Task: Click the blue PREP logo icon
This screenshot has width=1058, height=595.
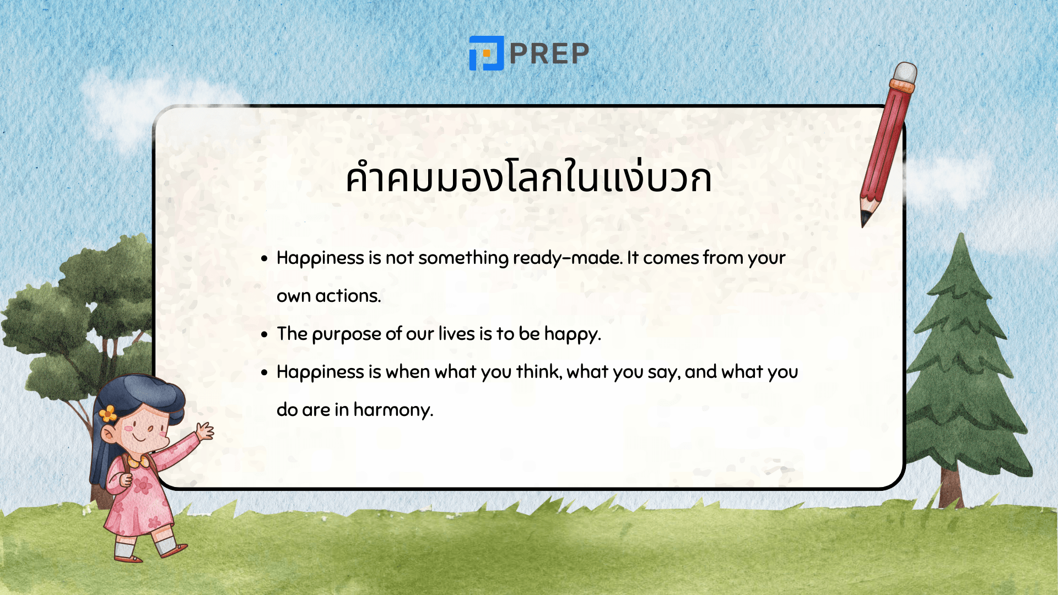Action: [x=486, y=53]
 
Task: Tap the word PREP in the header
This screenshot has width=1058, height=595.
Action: [x=549, y=54]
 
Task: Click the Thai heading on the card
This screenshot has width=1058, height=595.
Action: [x=528, y=177]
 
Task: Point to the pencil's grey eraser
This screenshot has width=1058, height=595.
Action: [x=905, y=73]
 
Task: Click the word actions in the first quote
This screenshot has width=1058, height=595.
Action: [x=348, y=296]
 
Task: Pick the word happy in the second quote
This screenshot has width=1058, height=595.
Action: [x=571, y=334]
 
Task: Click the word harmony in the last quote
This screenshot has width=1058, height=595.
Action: [x=393, y=410]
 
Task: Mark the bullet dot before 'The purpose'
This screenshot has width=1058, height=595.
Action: [x=264, y=334]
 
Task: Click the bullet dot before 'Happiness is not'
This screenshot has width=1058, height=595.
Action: [x=264, y=258]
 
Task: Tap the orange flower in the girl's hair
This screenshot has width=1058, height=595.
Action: [x=109, y=413]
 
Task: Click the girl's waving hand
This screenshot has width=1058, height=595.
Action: [x=205, y=431]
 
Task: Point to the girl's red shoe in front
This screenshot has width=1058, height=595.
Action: [x=175, y=549]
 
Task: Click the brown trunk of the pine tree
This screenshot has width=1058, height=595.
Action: [x=952, y=488]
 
